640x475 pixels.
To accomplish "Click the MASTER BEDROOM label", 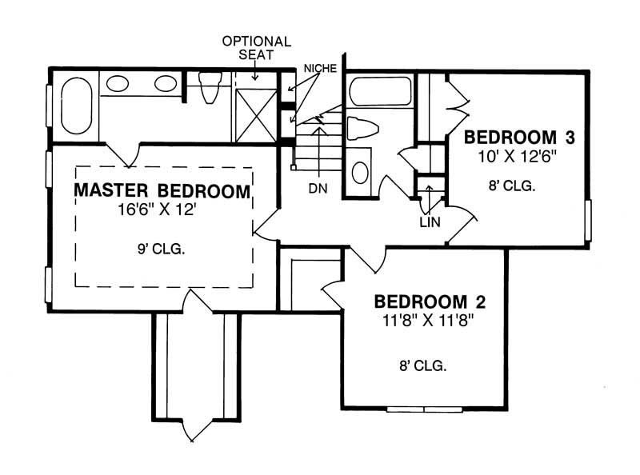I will (x=162, y=192).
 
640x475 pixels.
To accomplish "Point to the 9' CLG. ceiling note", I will (x=162, y=249).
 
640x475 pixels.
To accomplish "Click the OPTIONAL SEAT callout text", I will (x=256, y=48).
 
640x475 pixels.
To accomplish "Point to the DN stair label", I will (x=318, y=189).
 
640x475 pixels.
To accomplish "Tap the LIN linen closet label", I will (x=430, y=222).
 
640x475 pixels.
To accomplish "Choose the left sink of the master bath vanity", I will (x=118, y=83).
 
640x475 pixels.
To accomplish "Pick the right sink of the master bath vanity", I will (x=166, y=83).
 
